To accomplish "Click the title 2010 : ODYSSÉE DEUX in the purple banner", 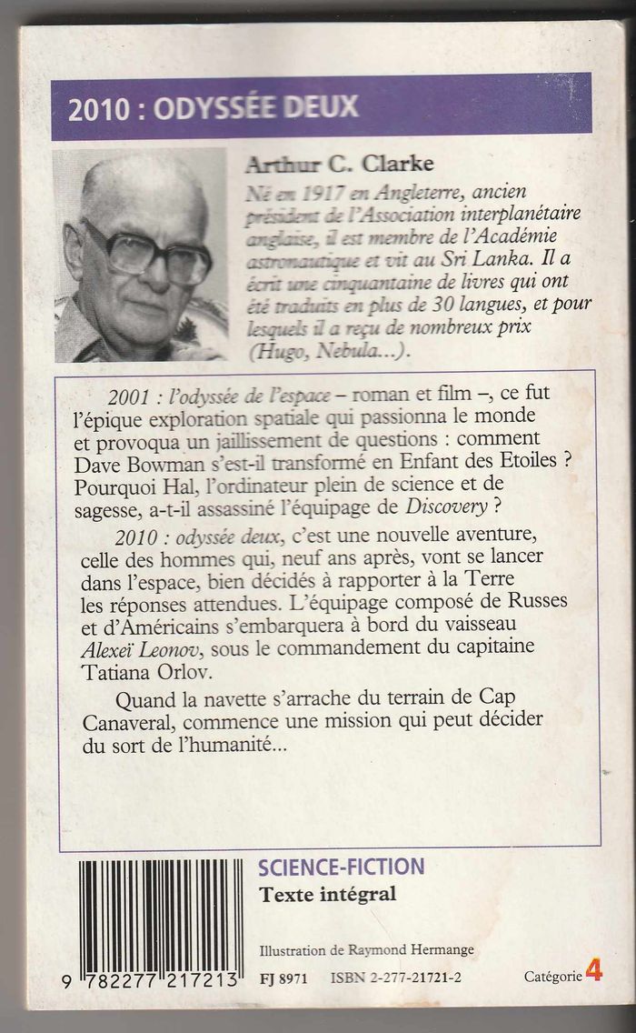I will (213, 107).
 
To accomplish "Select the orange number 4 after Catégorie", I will (594, 972).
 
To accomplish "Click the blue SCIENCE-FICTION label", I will (341, 867).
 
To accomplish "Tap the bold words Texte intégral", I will (328, 894).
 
